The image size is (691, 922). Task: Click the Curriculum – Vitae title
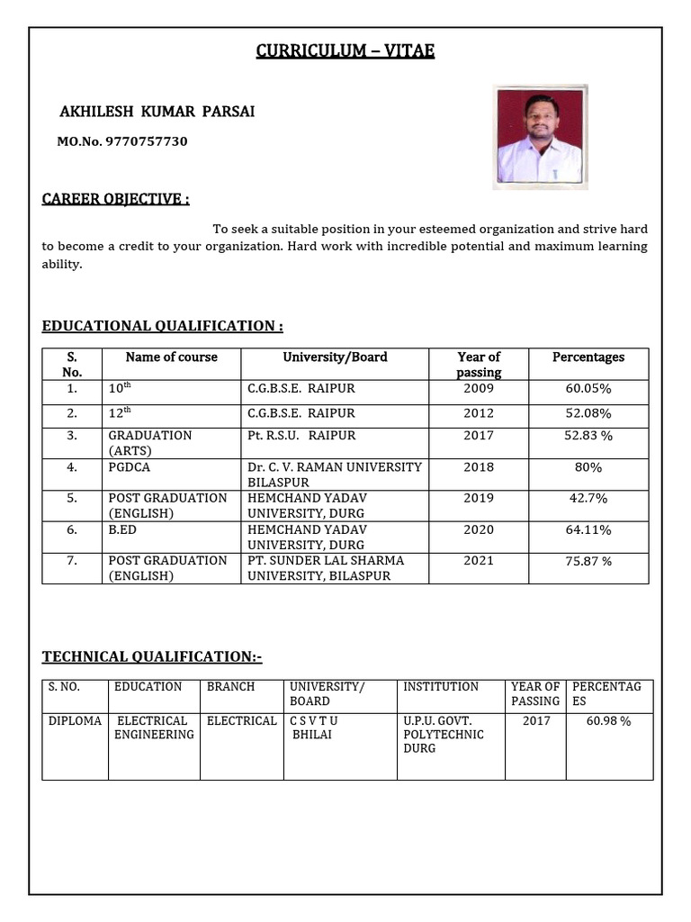(x=345, y=51)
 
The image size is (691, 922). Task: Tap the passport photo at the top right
(x=540, y=137)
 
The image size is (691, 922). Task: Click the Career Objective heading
(x=115, y=199)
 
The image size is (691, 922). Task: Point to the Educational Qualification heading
(x=162, y=326)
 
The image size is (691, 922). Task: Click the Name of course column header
(x=171, y=357)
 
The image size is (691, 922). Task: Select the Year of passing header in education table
(x=479, y=364)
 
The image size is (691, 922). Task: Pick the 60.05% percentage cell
(x=588, y=389)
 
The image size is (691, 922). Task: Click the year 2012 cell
(x=479, y=413)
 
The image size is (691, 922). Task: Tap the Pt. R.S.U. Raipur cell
(x=301, y=436)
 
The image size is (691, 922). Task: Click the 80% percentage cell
(x=588, y=467)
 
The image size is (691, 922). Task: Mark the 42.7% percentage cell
(x=588, y=498)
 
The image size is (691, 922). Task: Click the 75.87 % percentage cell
(x=588, y=561)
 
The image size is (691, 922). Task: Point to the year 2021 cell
(x=479, y=561)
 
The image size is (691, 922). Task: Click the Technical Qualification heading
(x=152, y=657)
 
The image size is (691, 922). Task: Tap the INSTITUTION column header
(x=441, y=687)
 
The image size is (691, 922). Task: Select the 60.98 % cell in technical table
(x=609, y=721)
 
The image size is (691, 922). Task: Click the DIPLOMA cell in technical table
(x=75, y=721)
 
